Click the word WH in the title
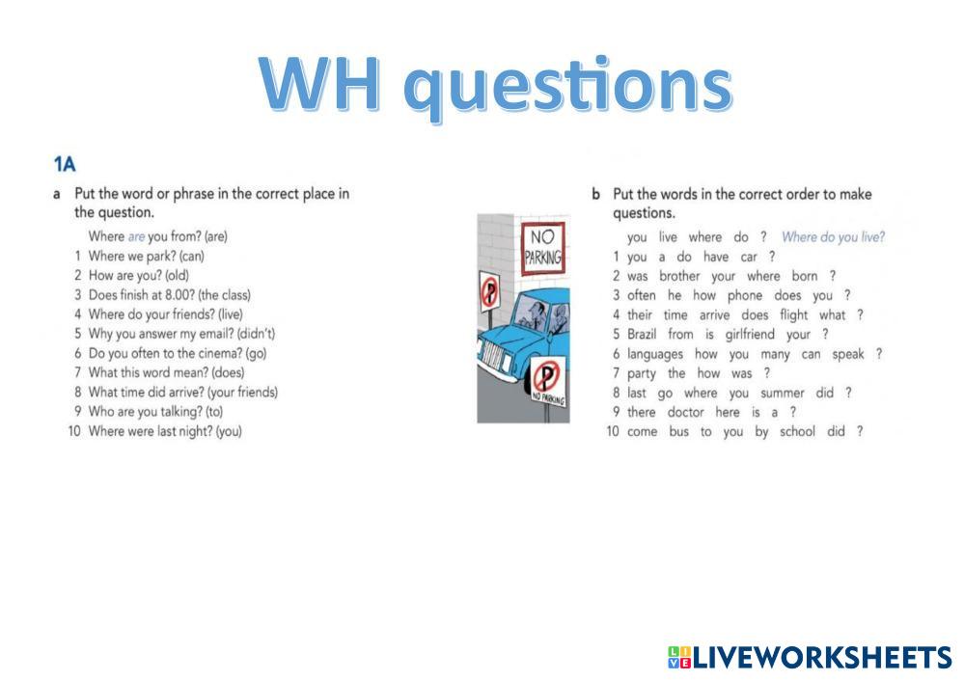click(319, 84)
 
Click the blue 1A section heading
click(65, 164)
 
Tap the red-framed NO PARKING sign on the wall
click(542, 248)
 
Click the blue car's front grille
click(495, 357)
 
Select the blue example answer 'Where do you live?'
click(833, 236)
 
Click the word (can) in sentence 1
click(192, 256)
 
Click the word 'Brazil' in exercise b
click(642, 334)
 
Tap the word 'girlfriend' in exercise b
click(750, 335)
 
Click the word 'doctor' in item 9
click(685, 412)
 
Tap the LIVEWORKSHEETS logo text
click(822, 658)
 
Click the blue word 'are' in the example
click(136, 236)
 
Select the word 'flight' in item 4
click(794, 314)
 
